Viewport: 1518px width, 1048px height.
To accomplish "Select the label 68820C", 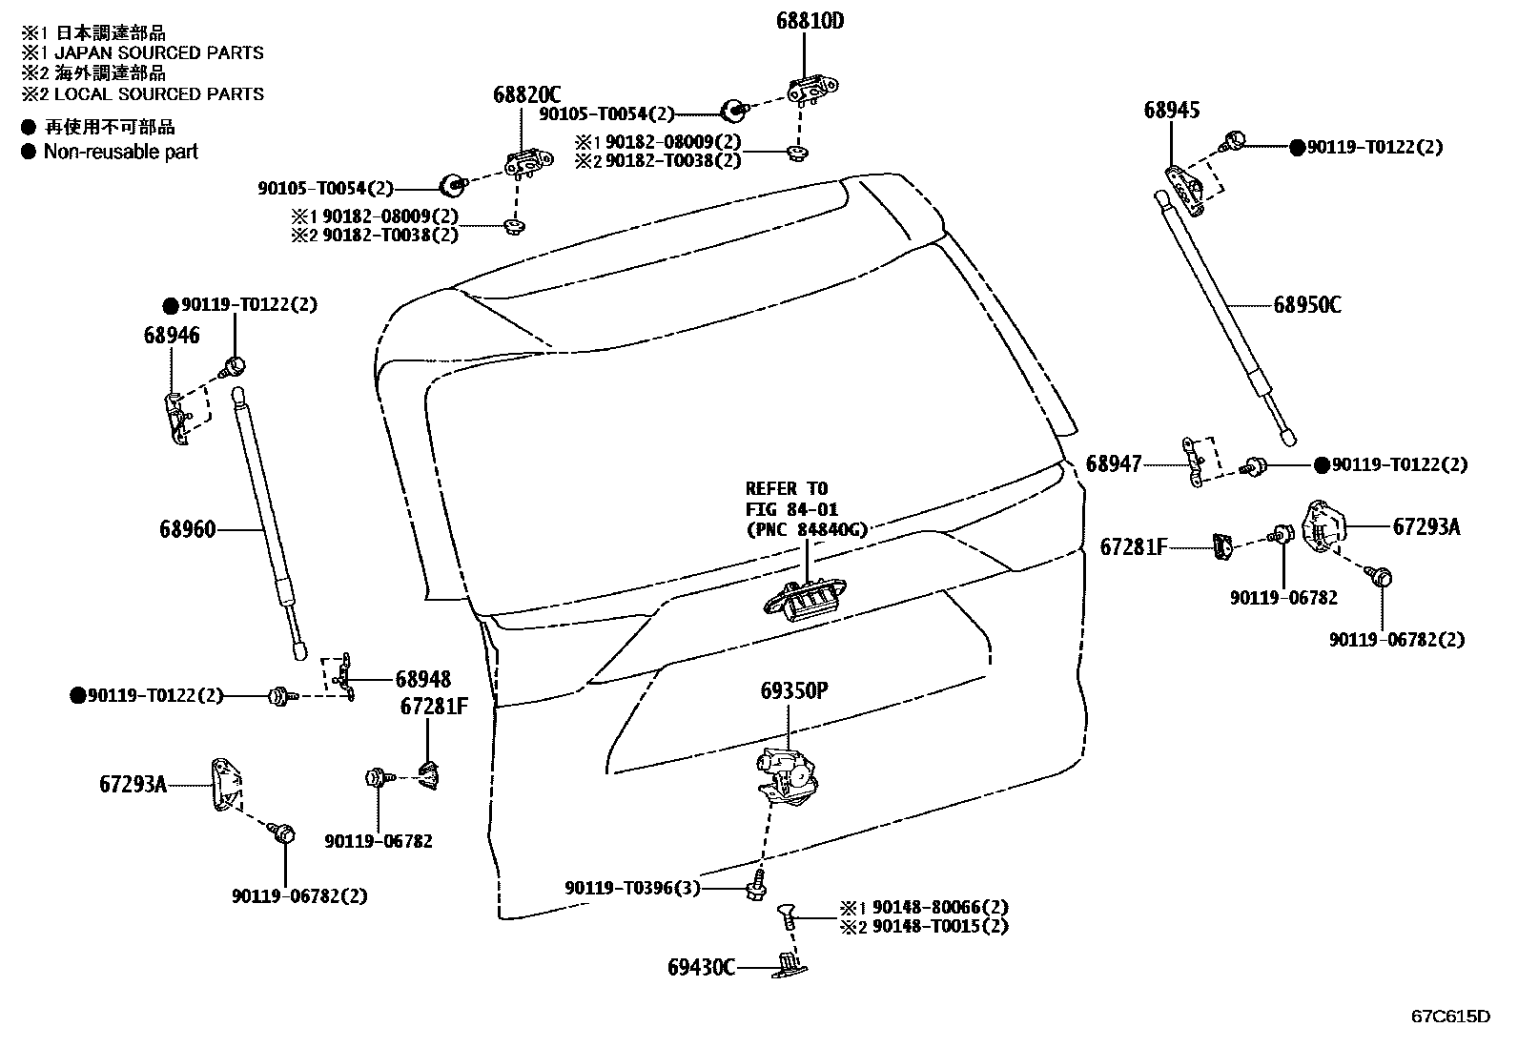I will (x=526, y=94).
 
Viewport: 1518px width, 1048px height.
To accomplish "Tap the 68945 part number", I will (x=1172, y=111).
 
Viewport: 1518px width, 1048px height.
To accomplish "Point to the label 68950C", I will (x=1307, y=305).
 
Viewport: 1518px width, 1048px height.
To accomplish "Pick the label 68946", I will (x=172, y=335).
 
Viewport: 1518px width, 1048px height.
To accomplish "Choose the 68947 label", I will (x=1113, y=464).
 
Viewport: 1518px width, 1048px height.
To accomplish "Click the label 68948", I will (x=423, y=679).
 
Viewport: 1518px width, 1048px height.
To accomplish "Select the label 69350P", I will (x=792, y=690).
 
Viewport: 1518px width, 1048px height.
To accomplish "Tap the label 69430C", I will (x=701, y=968).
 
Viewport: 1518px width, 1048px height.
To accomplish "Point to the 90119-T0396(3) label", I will (x=631, y=889).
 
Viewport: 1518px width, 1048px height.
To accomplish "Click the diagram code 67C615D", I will (x=1450, y=1016).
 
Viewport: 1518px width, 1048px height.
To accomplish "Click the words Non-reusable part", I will (x=120, y=152).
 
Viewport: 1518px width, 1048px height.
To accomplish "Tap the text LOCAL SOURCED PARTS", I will (x=158, y=94).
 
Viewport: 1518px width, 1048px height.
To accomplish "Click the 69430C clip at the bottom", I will (x=790, y=966).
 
